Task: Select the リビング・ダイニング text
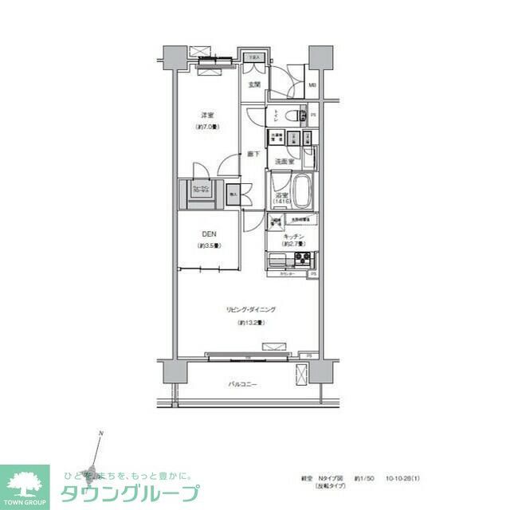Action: pos(249,309)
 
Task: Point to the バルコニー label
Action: pos(242,384)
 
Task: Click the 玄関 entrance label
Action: pos(254,84)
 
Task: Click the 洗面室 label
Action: pos(284,162)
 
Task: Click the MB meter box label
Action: pos(312,84)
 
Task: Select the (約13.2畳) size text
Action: pos(249,323)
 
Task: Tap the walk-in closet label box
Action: pos(199,190)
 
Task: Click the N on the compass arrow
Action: pos(101,433)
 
